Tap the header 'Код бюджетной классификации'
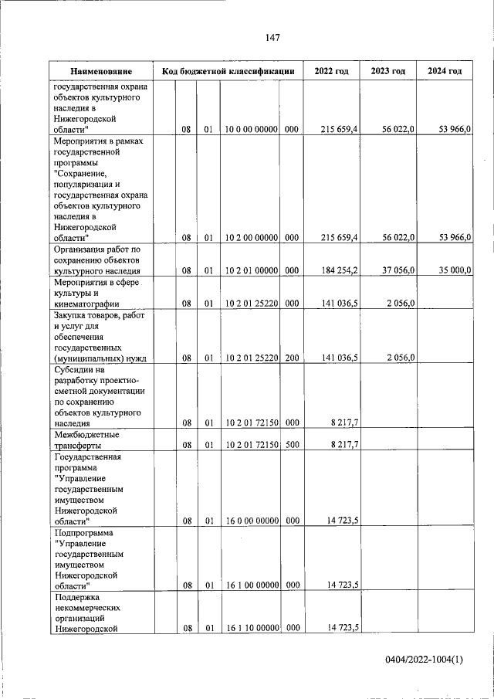228,71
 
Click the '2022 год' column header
331,71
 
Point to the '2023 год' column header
387,71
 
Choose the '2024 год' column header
445,71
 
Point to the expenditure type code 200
291,358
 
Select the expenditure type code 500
291,445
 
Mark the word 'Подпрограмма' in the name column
83,533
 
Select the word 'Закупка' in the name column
72,315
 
